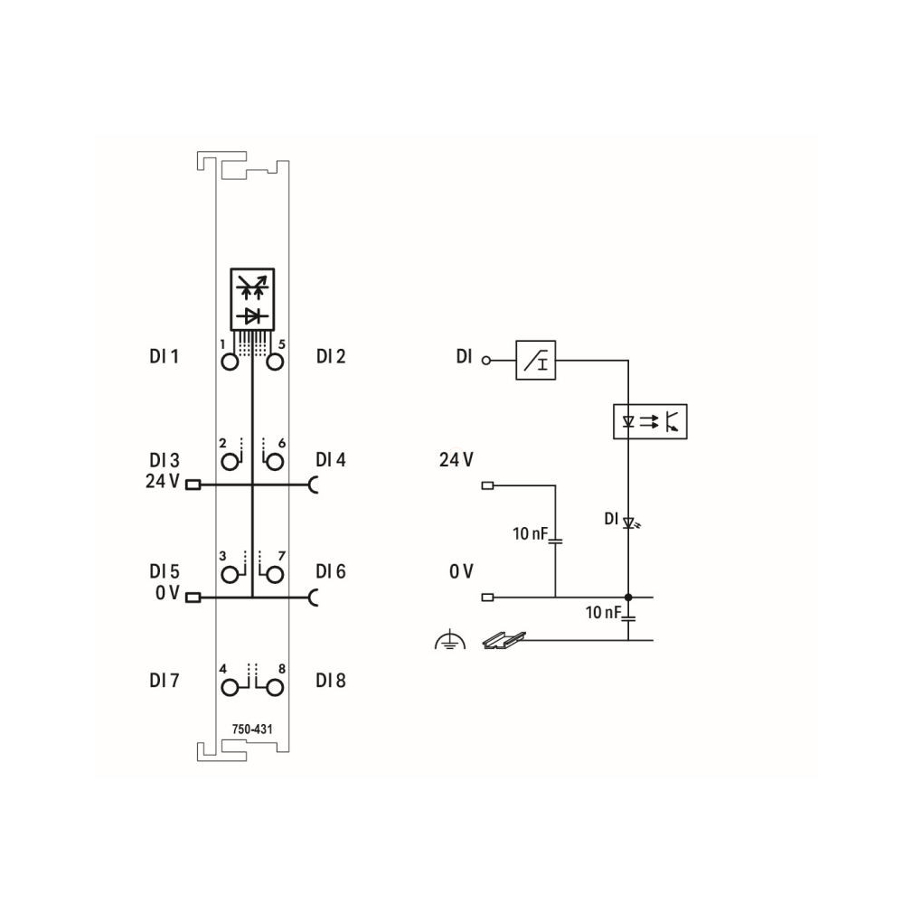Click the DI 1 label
pyautogui.click(x=164, y=356)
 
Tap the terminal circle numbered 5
pyautogui.click(x=274, y=362)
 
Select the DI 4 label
pyautogui.click(x=331, y=460)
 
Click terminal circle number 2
pyautogui.click(x=230, y=462)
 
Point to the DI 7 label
pyautogui.click(x=164, y=680)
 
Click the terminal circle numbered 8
pyautogui.click(x=274, y=688)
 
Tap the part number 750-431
pyautogui.click(x=252, y=729)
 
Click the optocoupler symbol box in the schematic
pyautogui.click(x=650, y=421)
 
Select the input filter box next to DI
pyautogui.click(x=536, y=361)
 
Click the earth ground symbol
pyautogui.click(x=449, y=640)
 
